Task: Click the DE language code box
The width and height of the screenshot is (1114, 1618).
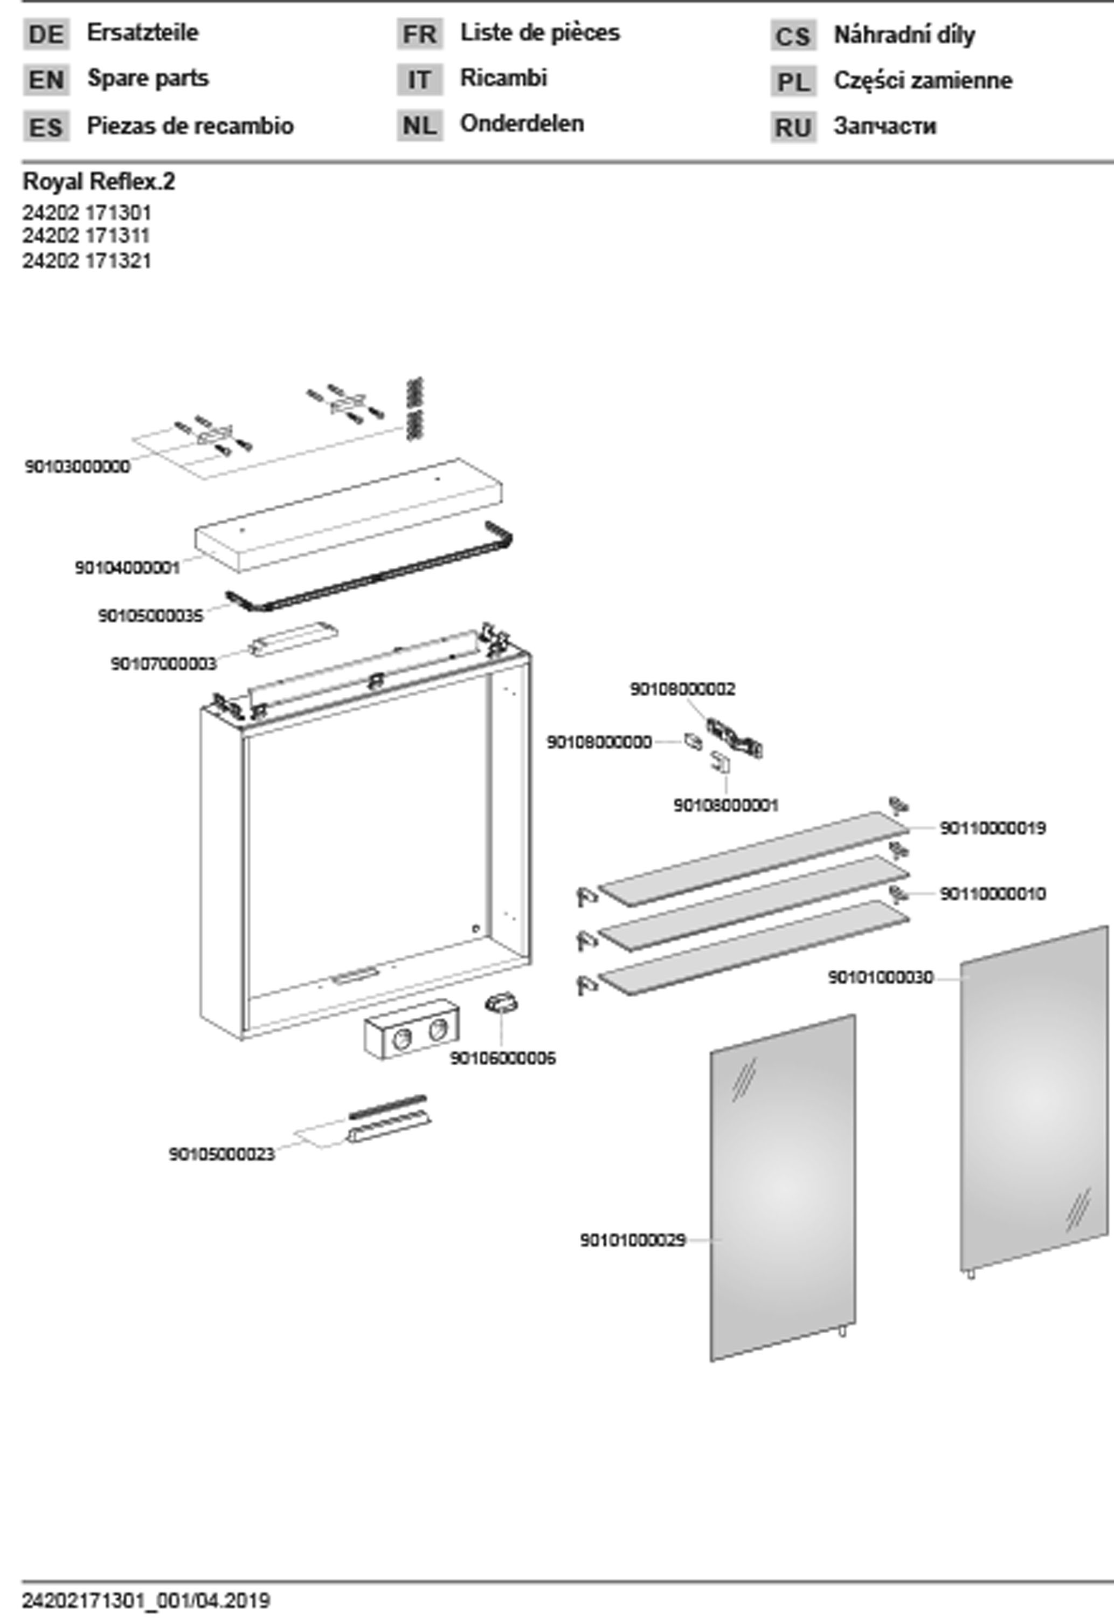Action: click(x=46, y=34)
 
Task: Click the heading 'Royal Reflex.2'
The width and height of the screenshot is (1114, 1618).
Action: click(x=99, y=182)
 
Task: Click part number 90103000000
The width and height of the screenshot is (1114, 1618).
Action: click(x=78, y=467)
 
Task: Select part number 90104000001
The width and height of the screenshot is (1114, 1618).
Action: click(x=128, y=568)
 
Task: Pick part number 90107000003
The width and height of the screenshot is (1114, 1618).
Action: click(x=163, y=663)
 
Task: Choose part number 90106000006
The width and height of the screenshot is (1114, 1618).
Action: click(x=502, y=1059)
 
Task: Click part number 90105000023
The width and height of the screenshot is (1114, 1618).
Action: click(x=222, y=1154)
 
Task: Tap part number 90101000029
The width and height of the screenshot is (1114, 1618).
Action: click(x=632, y=1240)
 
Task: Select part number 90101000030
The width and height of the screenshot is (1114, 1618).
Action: click(x=880, y=978)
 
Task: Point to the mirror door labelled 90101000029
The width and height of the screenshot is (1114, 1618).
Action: click(x=783, y=1187)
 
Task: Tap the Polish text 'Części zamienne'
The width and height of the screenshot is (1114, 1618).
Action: click(x=922, y=81)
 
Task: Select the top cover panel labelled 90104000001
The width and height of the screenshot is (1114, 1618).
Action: click(x=349, y=517)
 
